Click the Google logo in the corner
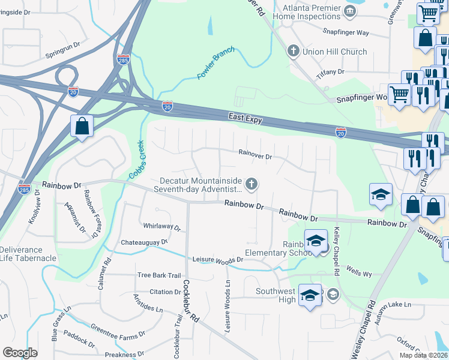pos(20,353)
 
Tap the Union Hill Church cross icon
pos(294,51)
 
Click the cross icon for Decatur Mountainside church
pos(253,184)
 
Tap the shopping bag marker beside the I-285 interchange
pos(81,127)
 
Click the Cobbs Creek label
pos(138,160)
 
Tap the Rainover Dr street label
pos(256,154)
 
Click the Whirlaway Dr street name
pos(162,227)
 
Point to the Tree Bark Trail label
pos(159,275)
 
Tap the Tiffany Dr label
pos(331,71)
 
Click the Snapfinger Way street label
pos(345,32)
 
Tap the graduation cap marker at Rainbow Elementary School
pos(316,241)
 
